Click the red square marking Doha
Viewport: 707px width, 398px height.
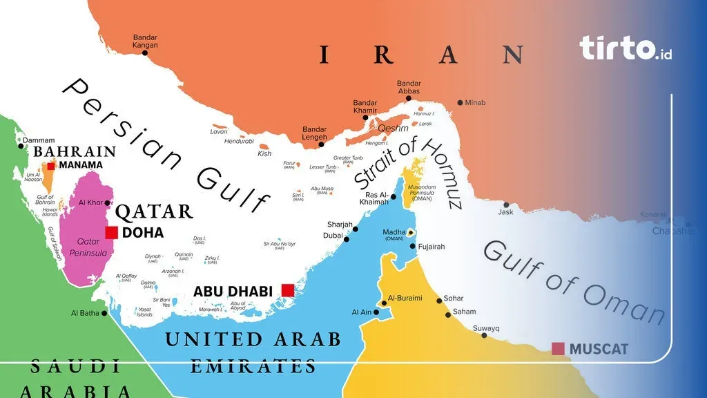tap(111, 233)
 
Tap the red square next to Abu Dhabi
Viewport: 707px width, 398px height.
tap(287, 290)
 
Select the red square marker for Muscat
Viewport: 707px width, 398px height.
tap(558, 348)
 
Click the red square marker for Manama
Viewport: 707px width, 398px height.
tap(51, 166)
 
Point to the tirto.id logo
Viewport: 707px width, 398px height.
tap(626, 48)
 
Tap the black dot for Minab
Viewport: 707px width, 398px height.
tap(460, 103)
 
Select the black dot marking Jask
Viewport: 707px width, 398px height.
tap(506, 205)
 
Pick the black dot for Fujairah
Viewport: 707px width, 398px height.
tap(413, 246)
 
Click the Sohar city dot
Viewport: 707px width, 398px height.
tap(438, 301)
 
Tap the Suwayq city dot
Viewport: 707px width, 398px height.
tap(483, 336)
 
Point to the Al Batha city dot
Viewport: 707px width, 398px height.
tap(105, 313)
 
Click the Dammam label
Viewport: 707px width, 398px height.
tap(38, 140)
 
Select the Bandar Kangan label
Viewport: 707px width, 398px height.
tap(145, 41)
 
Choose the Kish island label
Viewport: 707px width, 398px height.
tap(264, 154)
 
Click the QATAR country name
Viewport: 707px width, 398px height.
tap(154, 211)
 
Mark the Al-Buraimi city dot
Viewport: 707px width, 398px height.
tap(384, 303)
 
